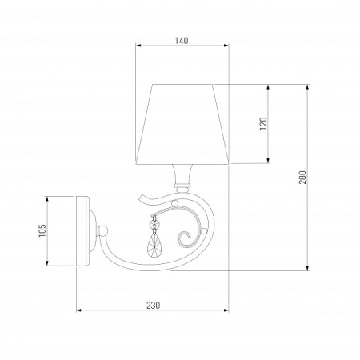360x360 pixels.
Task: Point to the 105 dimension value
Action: pos(42,231)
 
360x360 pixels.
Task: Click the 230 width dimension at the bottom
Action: pos(154,305)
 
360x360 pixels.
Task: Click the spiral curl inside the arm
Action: pos(186,237)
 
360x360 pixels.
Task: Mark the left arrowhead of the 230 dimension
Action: pos(78,313)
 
